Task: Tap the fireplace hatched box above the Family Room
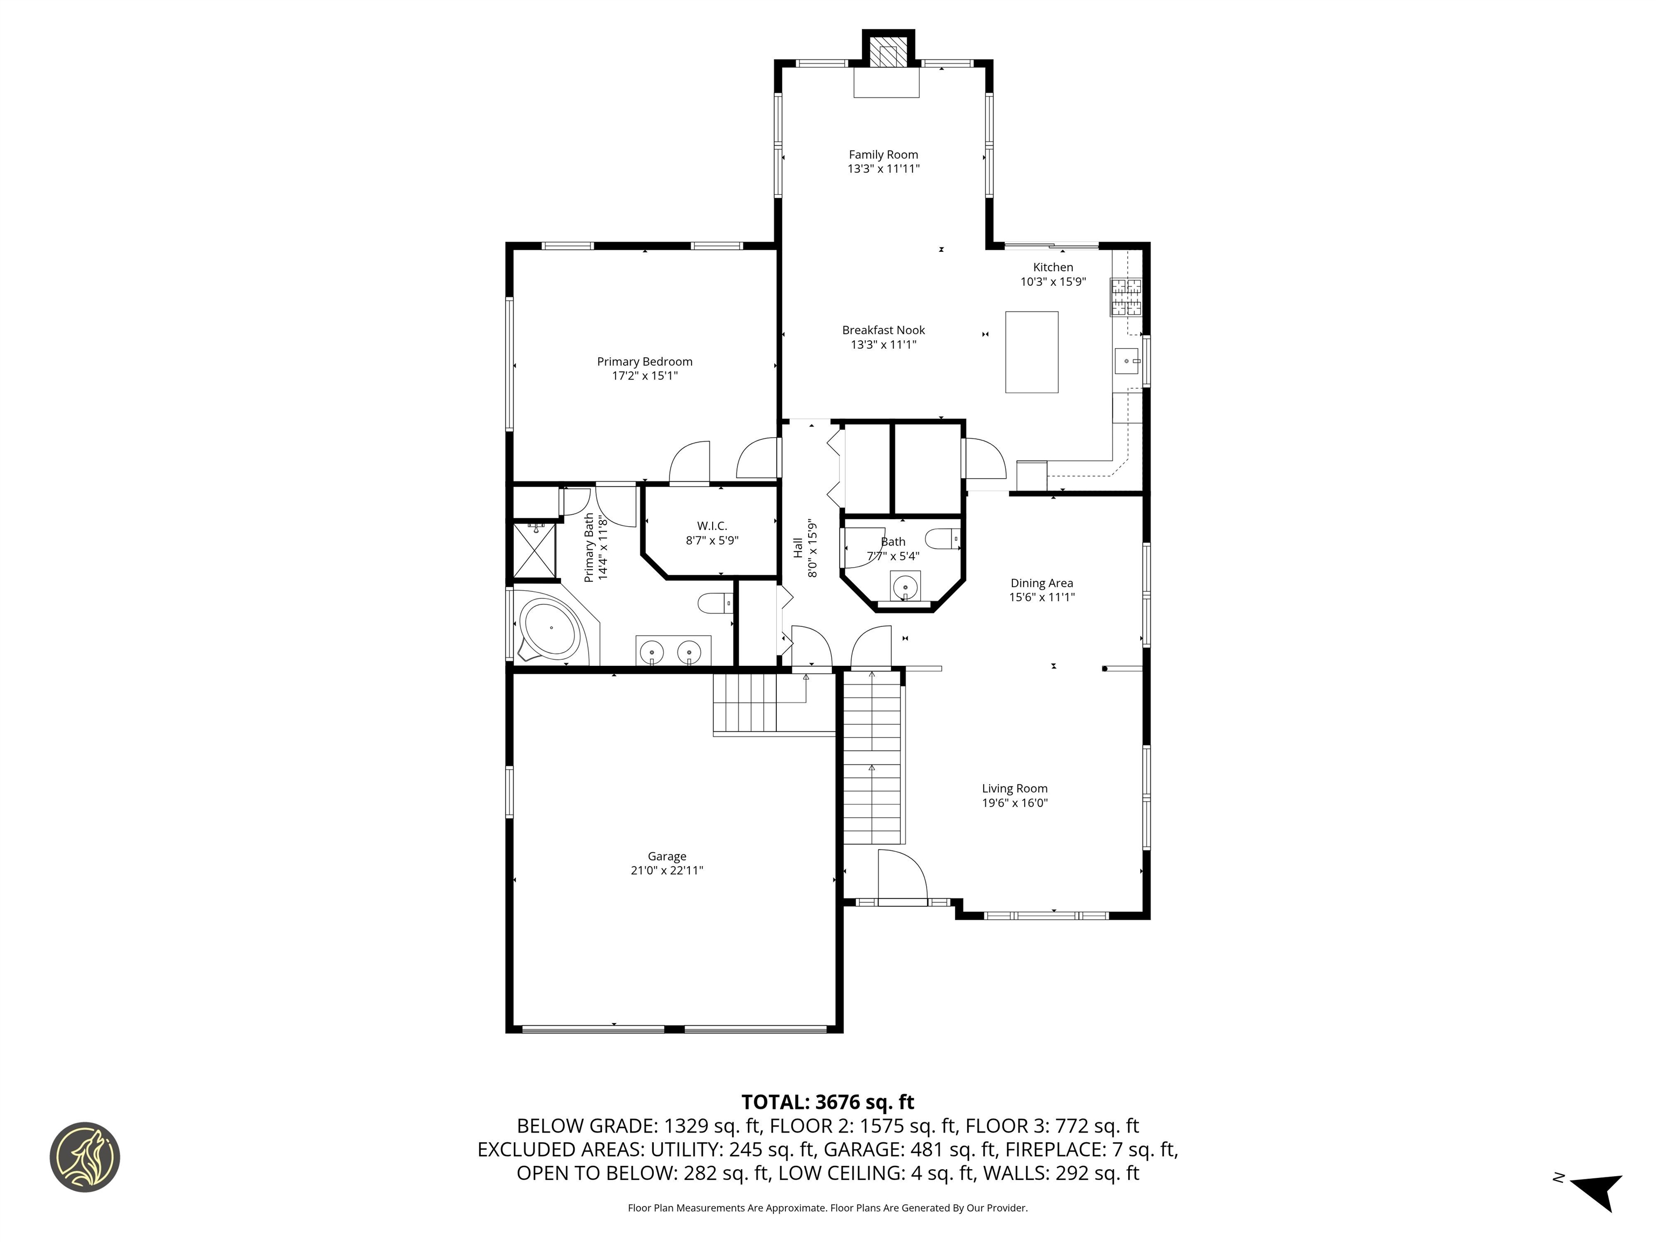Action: point(888,54)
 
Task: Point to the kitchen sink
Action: point(1126,361)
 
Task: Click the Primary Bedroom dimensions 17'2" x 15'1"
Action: point(645,376)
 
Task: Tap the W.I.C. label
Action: point(712,526)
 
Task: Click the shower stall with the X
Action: point(535,550)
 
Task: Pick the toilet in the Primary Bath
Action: point(715,603)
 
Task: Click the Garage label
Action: point(666,855)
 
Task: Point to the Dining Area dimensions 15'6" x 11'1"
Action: point(1041,597)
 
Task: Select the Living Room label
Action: point(1015,788)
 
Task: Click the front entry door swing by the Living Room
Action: point(901,877)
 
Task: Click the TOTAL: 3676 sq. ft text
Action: point(827,1102)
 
